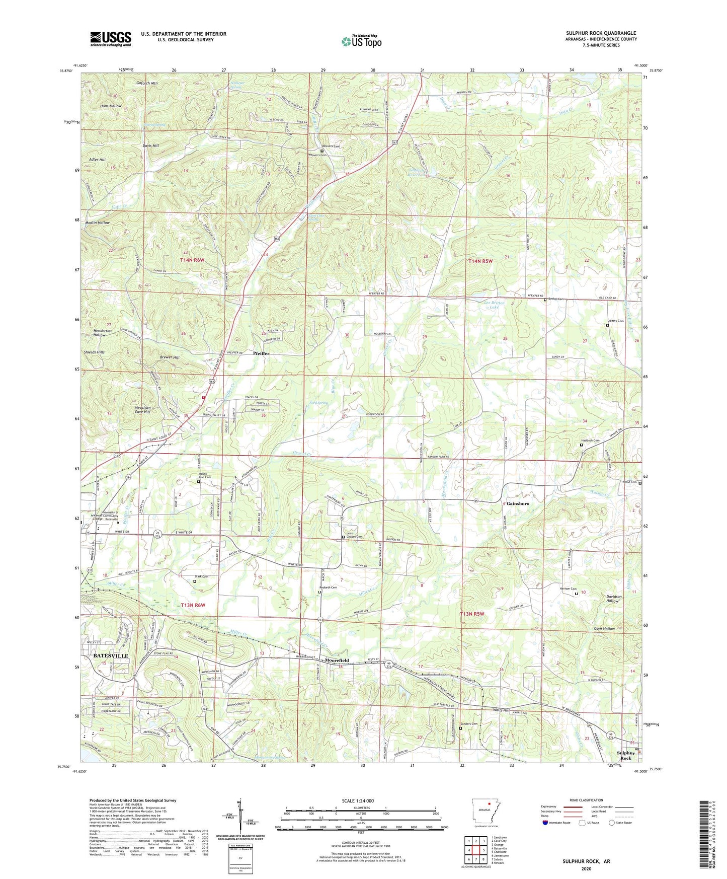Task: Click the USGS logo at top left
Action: coord(110,39)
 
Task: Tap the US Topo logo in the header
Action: coord(361,41)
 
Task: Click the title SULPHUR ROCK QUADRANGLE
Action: coord(601,33)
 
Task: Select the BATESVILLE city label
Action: coord(111,656)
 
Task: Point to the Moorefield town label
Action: coord(337,660)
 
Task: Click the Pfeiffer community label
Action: coord(261,353)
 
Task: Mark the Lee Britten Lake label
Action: coord(494,305)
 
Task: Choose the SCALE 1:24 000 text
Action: coord(357,801)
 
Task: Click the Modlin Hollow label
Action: coord(97,223)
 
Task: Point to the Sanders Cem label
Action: coord(471,724)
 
